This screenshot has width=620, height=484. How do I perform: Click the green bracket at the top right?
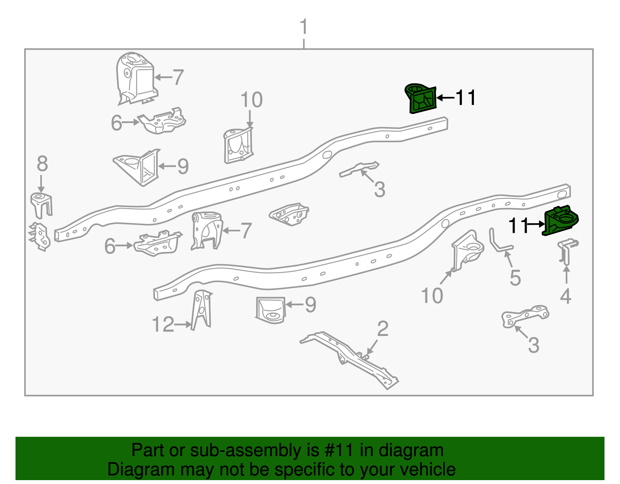pyautogui.click(x=421, y=99)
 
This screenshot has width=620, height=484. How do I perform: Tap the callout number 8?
pyautogui.click(x=42, y=164)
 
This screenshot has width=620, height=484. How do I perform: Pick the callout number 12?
pyautogui.click(x=163, y=325)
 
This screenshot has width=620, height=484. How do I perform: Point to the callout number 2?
pyautogui.click(x=382, y=329)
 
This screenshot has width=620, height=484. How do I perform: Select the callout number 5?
pyautogui.click(x=515, y=278)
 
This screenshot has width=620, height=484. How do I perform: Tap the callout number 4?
pyautogui.click(x=565, y=296)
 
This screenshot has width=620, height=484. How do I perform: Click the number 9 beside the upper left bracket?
pyautogui.click(x=183, y=167)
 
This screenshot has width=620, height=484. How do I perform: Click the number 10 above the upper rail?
pyautogui.click(x=251, y=100)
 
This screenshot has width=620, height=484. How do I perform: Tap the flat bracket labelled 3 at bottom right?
pyautogui.click(x=525, y=317)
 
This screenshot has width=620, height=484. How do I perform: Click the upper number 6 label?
pyautogui.click(x=116, y=123)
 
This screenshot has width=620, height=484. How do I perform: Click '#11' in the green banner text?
pyautogui.click(x=337, y=450)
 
